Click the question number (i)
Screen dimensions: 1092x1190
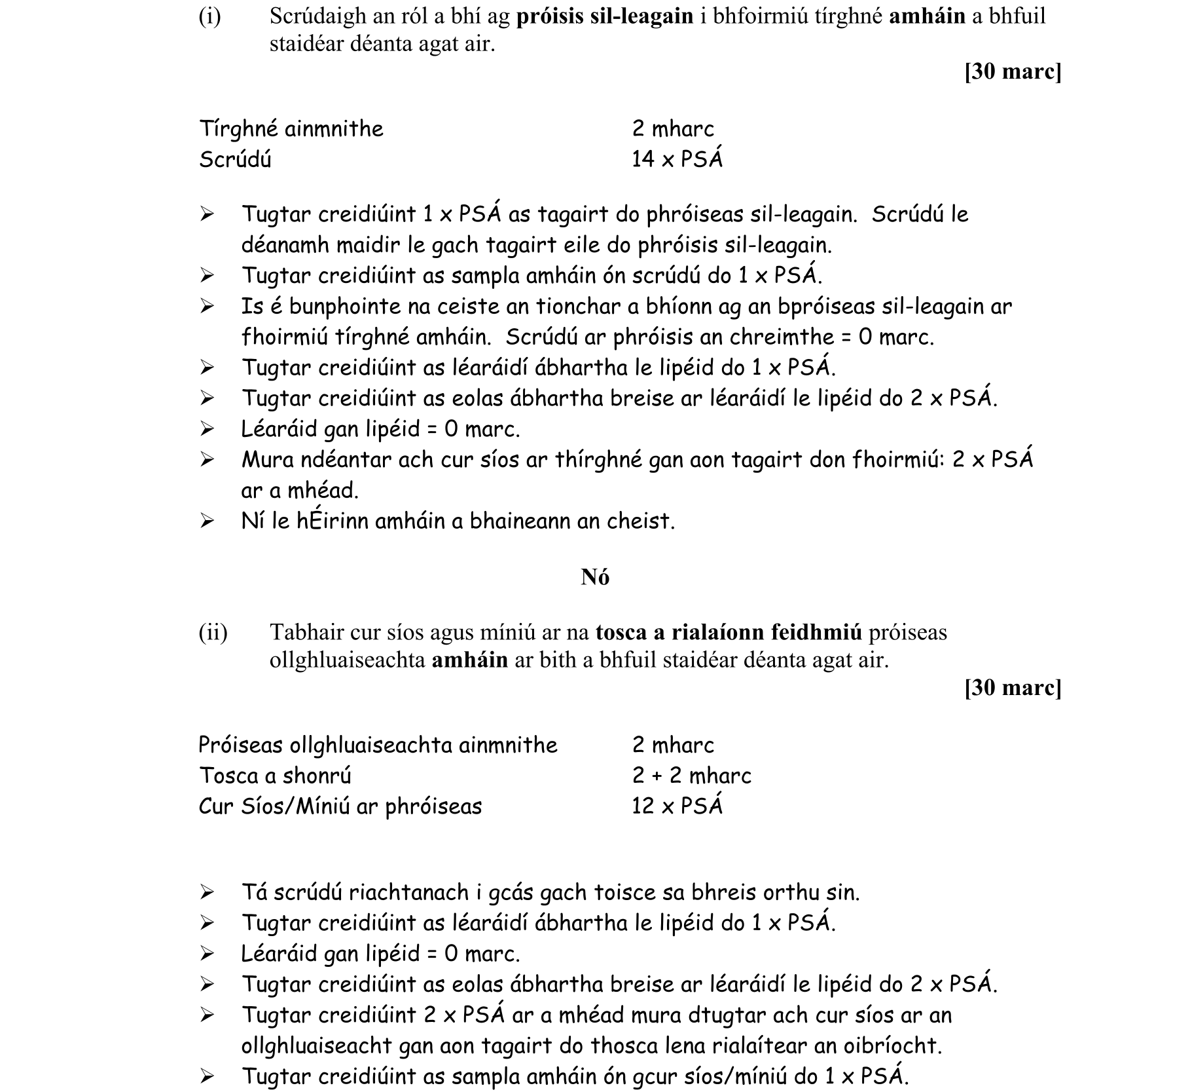pyautogui.click(x=210, y=16)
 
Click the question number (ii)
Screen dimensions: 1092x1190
pyautogui.click(x=213, y=632)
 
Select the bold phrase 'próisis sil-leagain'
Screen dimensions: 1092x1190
pyautogui.click(x=605, y=16)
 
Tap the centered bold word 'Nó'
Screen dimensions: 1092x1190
pyautogui.click(x=595, y=577)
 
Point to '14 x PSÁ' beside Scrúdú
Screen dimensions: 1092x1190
pyautogui.click(x=677, y=159)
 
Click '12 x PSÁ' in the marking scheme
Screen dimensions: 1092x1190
pyautogui.click(x=677, y=806)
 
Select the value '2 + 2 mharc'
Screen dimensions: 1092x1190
pyautogui.click(x=691, y=776)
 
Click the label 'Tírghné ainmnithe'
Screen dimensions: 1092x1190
pyautogui.click(x=291, y=128)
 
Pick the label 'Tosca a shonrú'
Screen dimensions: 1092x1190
pyautogui.click(x=275, y=776)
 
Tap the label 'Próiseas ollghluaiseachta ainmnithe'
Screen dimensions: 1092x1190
pyautogui.click(x=378, y=745)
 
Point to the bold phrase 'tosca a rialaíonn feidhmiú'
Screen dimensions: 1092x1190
pyautogui.click(x=729, y=632)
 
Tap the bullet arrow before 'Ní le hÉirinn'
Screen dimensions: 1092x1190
pyautogui.click(x=207, y=521)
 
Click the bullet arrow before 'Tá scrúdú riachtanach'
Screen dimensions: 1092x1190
pyautogui.click(x=207, y=892)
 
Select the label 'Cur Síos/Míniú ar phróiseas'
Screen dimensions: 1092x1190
pyautogui.click(x=340, y=806)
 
